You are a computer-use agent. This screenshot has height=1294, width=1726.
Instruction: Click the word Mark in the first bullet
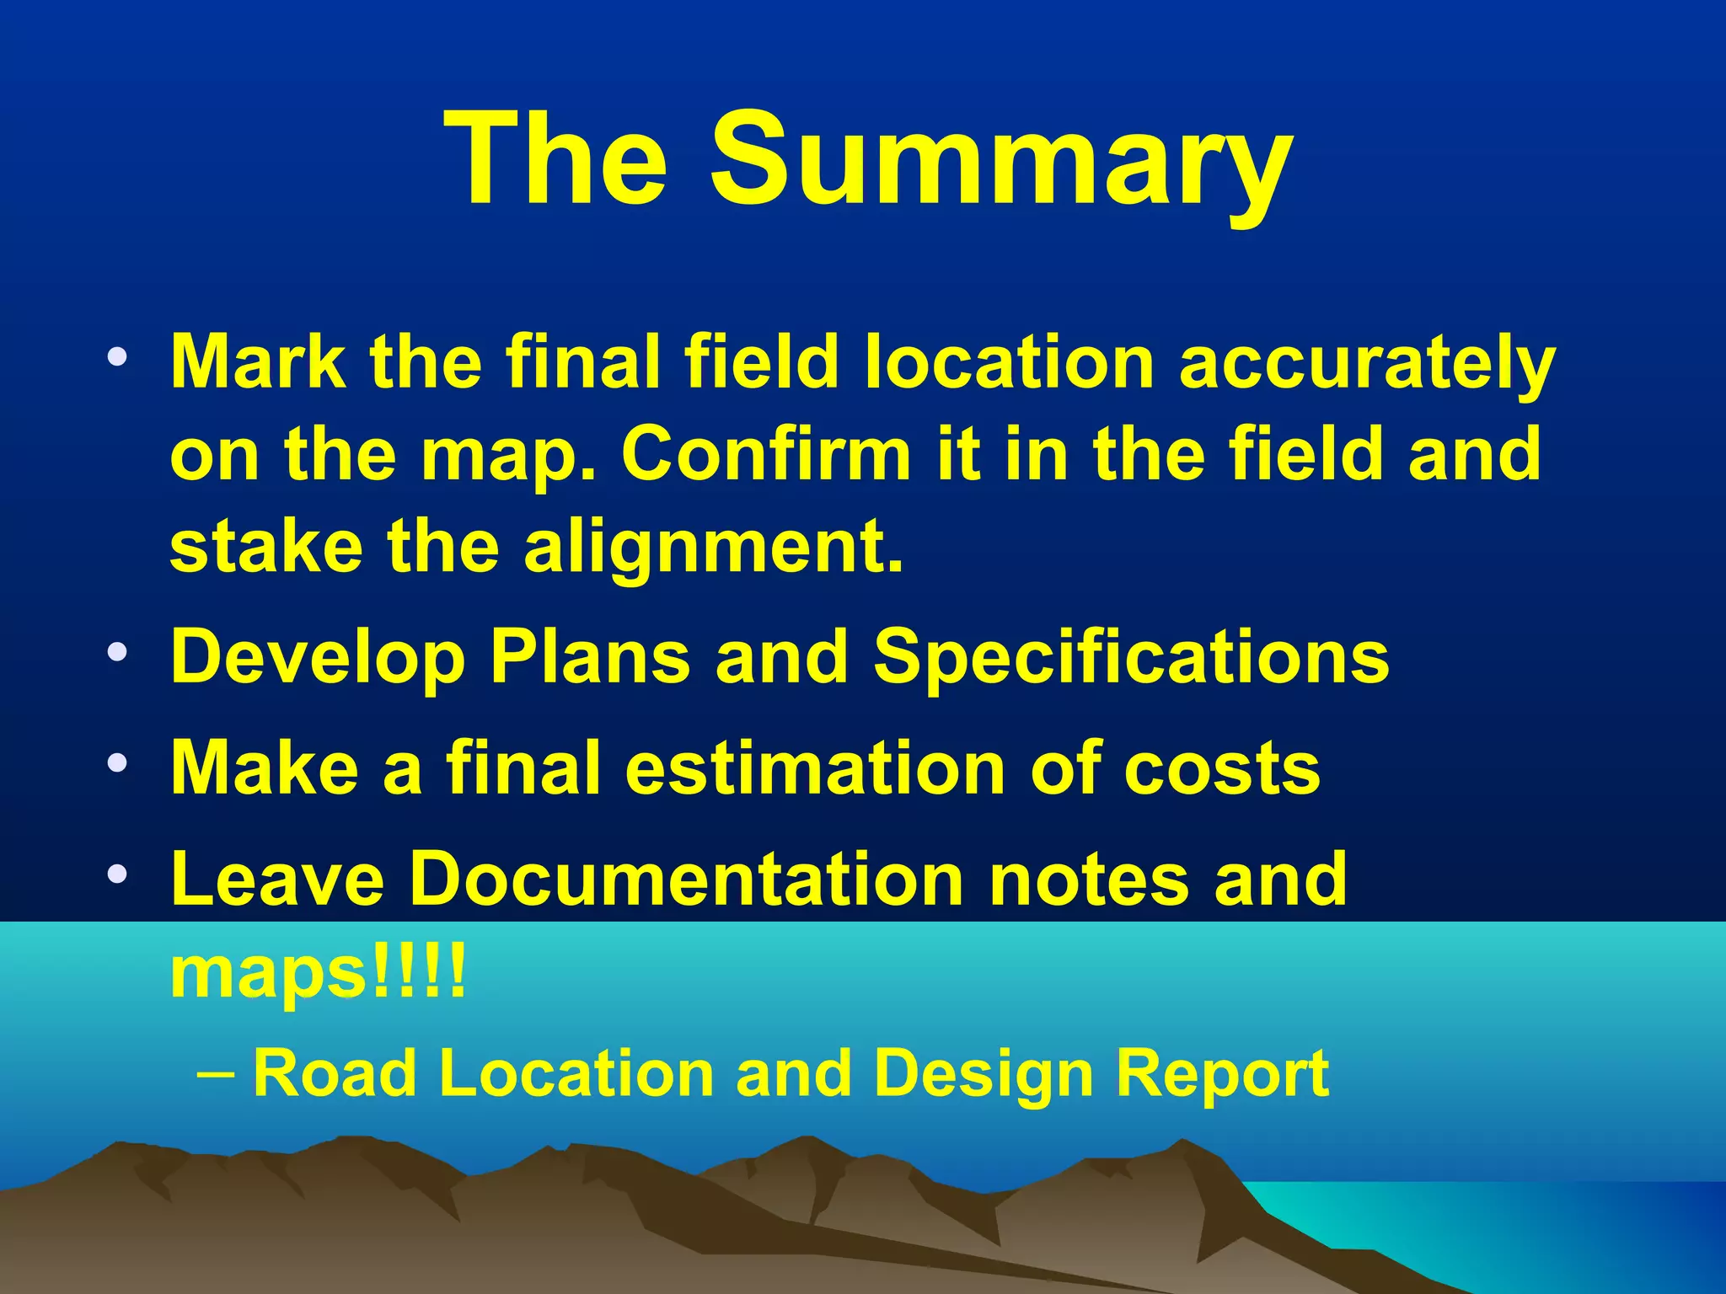tap(257, 362)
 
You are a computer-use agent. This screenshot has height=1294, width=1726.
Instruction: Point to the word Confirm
tap(766, 455)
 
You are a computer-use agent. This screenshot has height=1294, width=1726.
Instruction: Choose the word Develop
tap(318, 658)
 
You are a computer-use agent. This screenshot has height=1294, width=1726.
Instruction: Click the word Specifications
tap(1131, 656)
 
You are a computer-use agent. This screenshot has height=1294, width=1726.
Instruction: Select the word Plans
tap(590, 656)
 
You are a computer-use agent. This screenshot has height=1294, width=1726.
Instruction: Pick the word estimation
tap(814, 767)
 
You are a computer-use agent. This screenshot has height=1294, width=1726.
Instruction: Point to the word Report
tap(1222, 1073)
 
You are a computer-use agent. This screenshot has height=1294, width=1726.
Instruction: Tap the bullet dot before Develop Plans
tap(118, 652)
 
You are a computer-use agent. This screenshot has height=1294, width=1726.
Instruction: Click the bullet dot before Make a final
tap(118, 763)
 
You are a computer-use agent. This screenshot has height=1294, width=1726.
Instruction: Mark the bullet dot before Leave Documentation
tap(118, 874)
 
